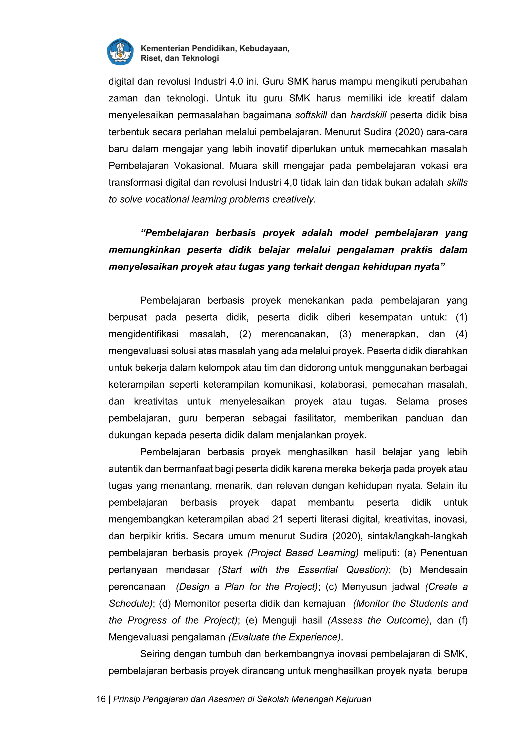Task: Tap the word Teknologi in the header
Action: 200,59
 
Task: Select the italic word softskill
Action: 311,115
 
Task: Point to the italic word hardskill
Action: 368,115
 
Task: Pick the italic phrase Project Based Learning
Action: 303,553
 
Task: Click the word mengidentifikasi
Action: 144,334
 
